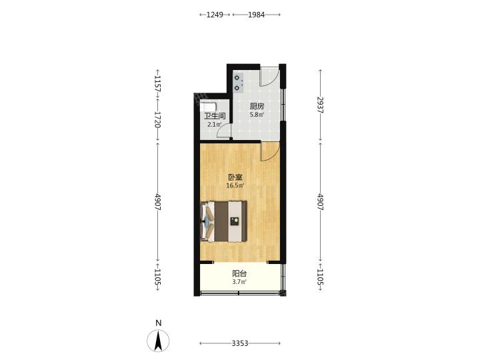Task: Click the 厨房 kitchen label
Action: pos(257,107)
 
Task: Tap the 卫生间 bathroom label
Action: pos(215,116)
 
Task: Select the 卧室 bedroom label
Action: pos(235,177)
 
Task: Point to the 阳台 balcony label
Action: pos(239,273)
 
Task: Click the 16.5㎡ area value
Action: pos(235,185)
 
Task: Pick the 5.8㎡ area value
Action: pos(257,115)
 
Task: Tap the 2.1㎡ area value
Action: pos(214,125)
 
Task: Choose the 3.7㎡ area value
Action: pos(239,282)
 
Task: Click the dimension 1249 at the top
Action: pos(215,15)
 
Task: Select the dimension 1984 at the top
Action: pos(256,15)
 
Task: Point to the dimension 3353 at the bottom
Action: pos(240,343)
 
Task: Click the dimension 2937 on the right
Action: pos(320,105)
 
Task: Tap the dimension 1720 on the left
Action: pos(157,119)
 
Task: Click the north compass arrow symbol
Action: pos(158,341)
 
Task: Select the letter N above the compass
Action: pos(158,323)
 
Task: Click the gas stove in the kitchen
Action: pos(238,83)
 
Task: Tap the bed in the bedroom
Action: pos(224,221)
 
